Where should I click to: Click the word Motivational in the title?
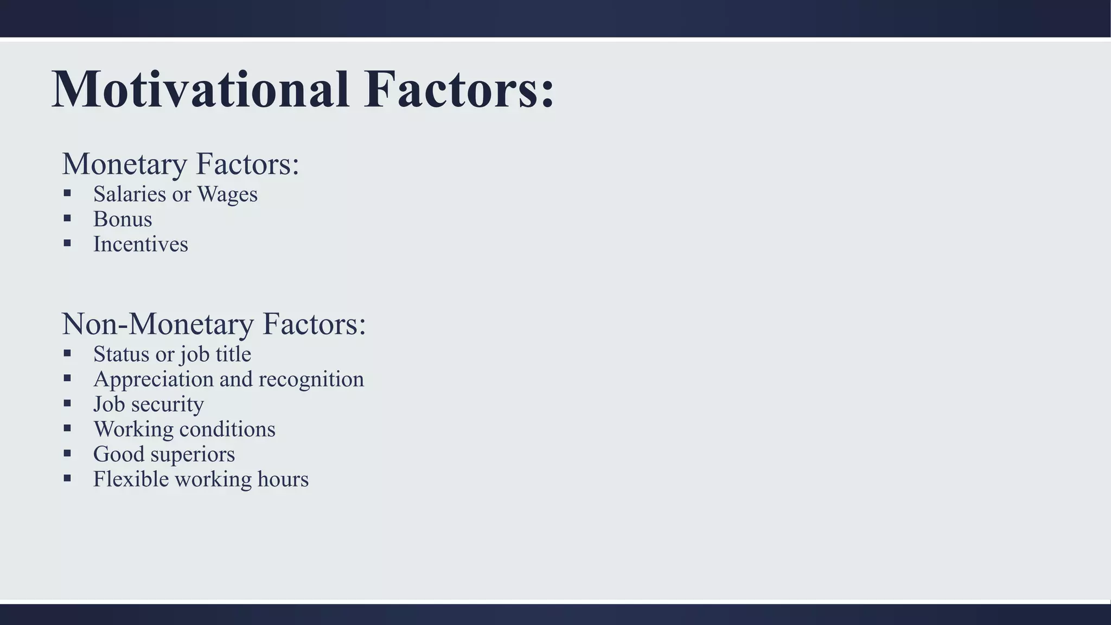tap(200, 90)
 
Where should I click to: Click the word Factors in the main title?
tap(458, 90)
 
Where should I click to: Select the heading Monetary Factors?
tap(181, 164)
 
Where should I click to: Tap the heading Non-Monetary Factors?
tap(214, 324)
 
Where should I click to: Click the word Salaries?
tap(130, 194)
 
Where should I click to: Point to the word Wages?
tap(227, 194)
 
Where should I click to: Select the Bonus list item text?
tap(123, 219)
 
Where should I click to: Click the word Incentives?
tap(141, 244)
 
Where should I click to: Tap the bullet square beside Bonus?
tap(67, 218)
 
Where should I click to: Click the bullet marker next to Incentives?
tap(67, 243)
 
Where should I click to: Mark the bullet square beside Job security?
tap(67, 403)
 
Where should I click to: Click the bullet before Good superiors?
tap(67, 453)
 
